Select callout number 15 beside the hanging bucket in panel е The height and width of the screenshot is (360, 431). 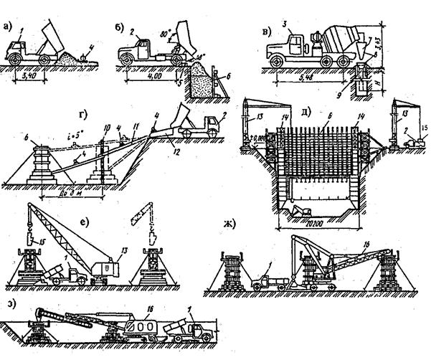[x=41, y=233]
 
